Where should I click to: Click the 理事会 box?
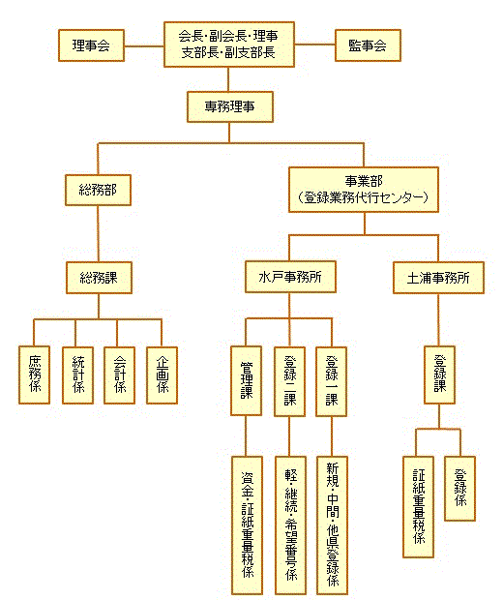92,45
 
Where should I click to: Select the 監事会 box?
368,45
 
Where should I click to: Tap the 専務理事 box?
230,106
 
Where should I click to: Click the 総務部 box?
98,191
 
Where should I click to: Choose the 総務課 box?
99,278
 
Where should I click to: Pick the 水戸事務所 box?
290,277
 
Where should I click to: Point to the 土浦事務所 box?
438,278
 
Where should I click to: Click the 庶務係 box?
35,375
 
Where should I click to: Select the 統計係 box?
78,375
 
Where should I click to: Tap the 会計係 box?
120,375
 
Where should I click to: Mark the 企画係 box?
163,375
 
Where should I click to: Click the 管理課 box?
247,380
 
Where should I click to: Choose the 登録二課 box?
289,381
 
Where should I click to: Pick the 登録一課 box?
331,381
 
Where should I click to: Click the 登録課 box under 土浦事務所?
439,375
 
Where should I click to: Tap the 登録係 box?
459,489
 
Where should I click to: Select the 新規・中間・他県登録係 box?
333,525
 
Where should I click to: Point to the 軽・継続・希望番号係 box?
291,525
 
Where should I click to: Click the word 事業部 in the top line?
364,181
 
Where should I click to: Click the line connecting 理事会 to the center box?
144,46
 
